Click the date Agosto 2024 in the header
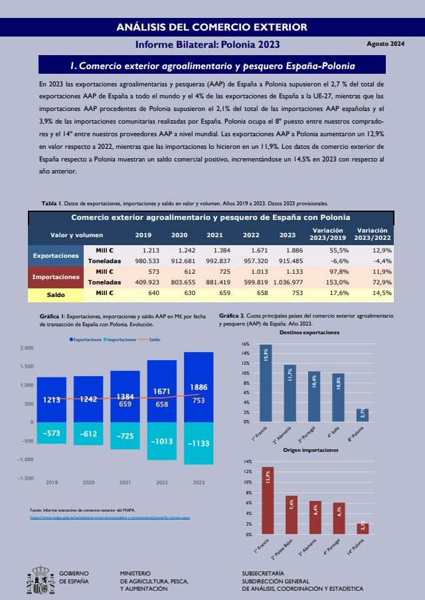click(385, 44)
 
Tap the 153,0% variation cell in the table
click(338, 282)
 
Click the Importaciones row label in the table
click(56, 276)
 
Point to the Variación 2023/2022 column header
click(373, 234)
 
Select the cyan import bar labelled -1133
click(199, 443)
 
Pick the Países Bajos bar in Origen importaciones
click(292, 515)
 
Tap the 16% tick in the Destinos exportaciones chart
click(245, 344)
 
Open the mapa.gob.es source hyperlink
click(110, 516)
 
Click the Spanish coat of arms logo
click(41, 579)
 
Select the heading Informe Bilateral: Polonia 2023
click(207, 45)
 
